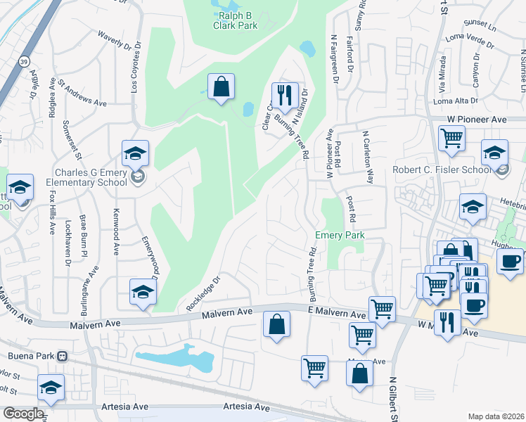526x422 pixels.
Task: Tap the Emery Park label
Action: click(x=340, y=236)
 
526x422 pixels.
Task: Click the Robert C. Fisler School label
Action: click(x=451, y=170)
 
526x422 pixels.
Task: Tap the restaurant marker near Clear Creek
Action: click(x=285, y=94)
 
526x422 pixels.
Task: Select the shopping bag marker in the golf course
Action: click(x=221, y=87)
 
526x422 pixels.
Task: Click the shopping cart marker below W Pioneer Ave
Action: click(x=451, y=137)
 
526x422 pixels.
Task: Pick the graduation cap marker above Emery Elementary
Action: click(x=135, y=152)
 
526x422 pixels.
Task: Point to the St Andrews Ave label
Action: click(x=83, y=93)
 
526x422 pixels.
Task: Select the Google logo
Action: click(x=23, y=414)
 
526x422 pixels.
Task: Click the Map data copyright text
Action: click(x=496, y=416)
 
